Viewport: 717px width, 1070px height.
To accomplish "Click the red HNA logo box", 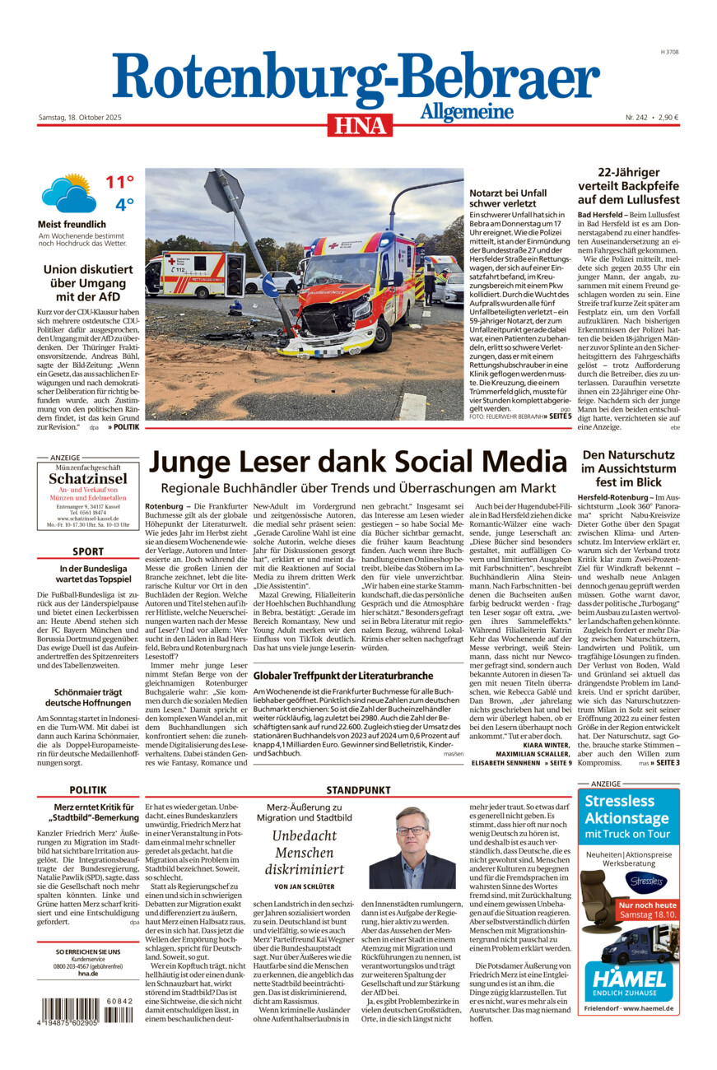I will point(359,124).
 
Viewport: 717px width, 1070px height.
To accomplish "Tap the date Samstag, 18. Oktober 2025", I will point(80,118).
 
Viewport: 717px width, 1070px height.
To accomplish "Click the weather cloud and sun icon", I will point(67,193).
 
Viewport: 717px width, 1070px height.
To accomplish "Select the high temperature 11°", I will point(119,183).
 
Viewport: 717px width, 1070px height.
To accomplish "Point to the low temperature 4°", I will point(123,204).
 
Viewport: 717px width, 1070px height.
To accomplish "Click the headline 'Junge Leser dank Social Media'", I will point(358,461).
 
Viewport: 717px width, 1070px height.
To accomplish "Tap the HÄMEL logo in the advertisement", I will point(629,979).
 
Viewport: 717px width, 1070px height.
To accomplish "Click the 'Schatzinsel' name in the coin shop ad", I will point(87,479).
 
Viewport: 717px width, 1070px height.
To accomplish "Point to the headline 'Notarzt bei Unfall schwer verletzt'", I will point(507,198).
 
